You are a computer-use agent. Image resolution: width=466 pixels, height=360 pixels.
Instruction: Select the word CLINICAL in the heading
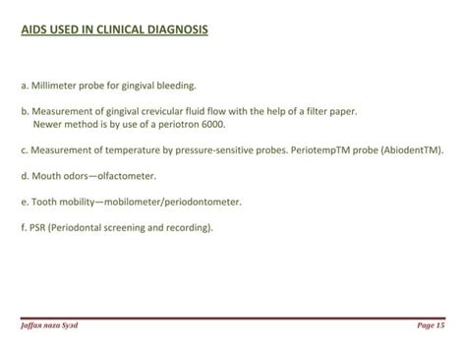point(113,30)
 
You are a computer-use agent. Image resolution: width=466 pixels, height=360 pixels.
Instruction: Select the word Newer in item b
point(48,125)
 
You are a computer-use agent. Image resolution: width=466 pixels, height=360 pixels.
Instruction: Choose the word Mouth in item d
point(46,176)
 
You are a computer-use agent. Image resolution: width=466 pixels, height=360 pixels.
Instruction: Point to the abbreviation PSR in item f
point(38,227)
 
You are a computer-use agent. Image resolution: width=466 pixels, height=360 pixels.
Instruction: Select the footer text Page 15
point(431,325)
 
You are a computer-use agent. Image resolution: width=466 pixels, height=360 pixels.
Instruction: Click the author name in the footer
point(49,325)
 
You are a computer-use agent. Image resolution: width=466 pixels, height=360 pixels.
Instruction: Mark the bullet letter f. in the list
point(24,227)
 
